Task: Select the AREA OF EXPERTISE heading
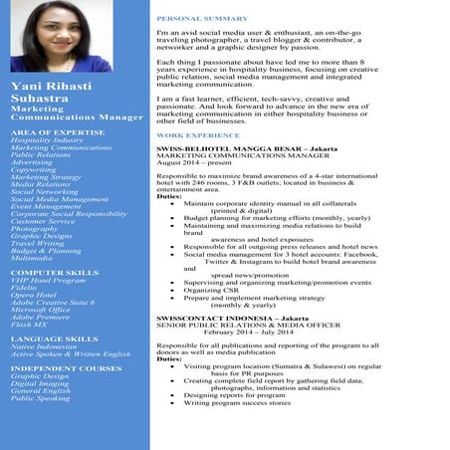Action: pos(57,131)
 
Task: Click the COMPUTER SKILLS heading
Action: pos(54,272)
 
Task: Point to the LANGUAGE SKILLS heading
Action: pos(54,338)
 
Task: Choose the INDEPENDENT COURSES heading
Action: pos(66,368)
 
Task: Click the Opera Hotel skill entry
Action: pos(35,296)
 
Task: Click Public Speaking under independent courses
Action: pos(40,397)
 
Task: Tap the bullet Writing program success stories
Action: pos(237,402)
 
